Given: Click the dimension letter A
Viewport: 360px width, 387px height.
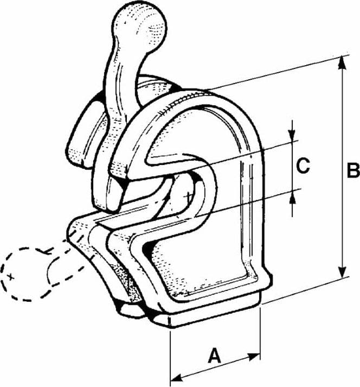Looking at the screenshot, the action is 215,356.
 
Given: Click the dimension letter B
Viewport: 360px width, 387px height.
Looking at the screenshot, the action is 353,170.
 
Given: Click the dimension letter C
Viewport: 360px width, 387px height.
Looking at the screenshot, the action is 303,166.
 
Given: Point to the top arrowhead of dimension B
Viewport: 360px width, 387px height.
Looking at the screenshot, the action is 342,62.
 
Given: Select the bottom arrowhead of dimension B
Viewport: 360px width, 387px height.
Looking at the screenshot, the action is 342,271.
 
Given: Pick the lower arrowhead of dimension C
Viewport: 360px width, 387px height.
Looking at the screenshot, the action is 292,198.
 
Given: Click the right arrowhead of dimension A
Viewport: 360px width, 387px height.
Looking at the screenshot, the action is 253,357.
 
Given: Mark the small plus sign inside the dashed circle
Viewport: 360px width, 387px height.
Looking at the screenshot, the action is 10,277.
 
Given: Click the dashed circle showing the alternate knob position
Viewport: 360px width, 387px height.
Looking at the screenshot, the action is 24,274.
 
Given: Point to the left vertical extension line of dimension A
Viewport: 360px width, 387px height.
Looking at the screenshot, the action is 170,358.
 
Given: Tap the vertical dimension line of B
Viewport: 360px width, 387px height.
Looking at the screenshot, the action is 342,167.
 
